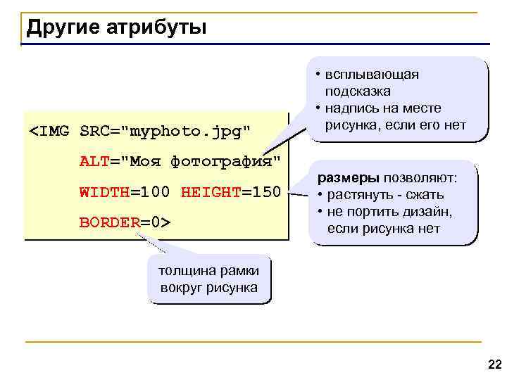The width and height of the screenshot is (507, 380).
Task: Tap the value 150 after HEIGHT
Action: pyautogui.click(x=267, y=192)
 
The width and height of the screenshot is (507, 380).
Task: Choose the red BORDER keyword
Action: pyautogui.click(x=109, y=222)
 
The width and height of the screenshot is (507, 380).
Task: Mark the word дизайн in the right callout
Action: pyautogui.click(x=431, y=212)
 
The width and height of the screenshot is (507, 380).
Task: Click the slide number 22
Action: pyautogui.click(x=494, y=364)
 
